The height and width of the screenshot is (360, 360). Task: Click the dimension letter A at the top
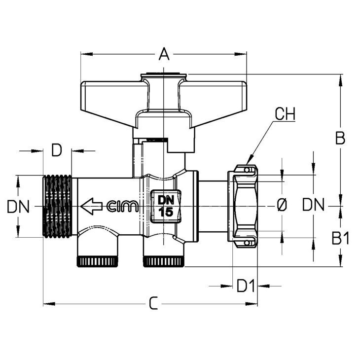pyautogui.click(x=164, y=54)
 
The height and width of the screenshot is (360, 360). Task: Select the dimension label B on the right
pyautogui.click(x=340, y=138)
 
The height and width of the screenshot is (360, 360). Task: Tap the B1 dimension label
pyautogui.click(x=340, y=238)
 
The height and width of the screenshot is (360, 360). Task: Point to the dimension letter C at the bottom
pyautogui.click(x=153, y=303)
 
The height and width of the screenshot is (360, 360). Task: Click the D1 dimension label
pyautogui.click(x=246, y=286)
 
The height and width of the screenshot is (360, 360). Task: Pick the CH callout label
pyautogui.click(x=285, y=113)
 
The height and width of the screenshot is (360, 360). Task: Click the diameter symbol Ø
pyautogui.click(x=282, y=205)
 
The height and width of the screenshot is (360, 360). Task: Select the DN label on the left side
pyautogui.click(x=18, y=207)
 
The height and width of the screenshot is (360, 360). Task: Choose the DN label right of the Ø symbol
pyautogui.click(x=313, y=205)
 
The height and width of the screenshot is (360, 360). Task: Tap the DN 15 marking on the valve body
pyautogui.click(x=166, y=206)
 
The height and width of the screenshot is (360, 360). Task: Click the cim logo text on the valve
pyautogui.click(x=123, y=206)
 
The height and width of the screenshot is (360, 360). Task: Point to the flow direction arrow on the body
pyautogui.click(x=91, y=206)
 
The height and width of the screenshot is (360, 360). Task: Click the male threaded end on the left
pyautogui.click(x=57, y=206)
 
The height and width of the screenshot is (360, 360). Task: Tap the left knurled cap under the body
pyautogui.click(x=98, y=262)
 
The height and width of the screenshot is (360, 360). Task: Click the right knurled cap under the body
pyautogui.click(x=164, y=262)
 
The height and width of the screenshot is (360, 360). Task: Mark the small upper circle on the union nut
pyautogui.click(x=247, y=170)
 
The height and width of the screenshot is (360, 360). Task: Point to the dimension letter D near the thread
pyautogui.click(x=57, y=150)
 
